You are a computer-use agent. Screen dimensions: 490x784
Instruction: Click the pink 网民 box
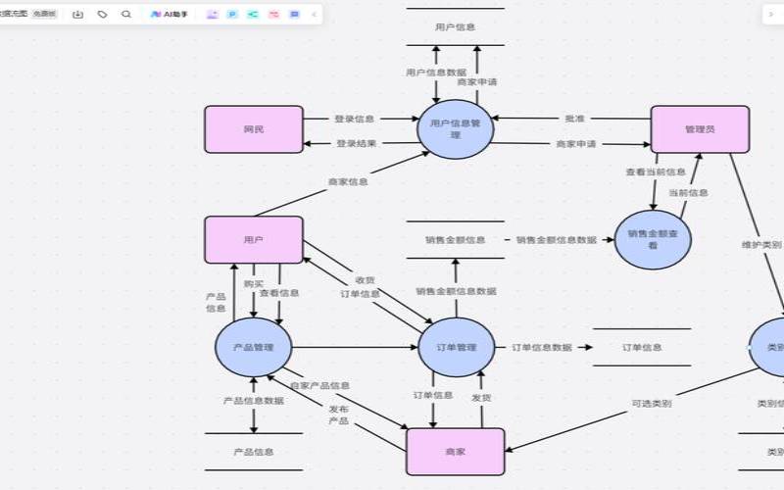coord(254,129)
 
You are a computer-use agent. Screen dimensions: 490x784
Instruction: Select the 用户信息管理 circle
coord(455,129)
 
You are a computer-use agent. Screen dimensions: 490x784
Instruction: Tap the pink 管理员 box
coord(700,129)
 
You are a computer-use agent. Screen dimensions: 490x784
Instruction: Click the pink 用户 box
coord(254,240)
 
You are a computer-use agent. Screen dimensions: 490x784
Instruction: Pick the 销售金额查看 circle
coord(653,240)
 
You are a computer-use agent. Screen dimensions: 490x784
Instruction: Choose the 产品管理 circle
coord(254,348)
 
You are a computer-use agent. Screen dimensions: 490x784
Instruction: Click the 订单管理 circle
coord(455,348)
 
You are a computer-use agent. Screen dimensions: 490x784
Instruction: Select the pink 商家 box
coord(455,452)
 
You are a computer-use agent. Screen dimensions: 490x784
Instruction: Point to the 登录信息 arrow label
coord(354,119)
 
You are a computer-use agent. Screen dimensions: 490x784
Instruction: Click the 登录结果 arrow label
coord(356,143)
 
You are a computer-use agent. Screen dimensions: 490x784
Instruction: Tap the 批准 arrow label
coord(574,119)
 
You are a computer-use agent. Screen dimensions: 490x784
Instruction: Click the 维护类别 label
coord(761,244)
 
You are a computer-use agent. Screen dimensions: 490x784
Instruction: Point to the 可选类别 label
coord(651,404)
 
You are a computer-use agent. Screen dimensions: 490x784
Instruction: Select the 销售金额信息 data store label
coord(455,240)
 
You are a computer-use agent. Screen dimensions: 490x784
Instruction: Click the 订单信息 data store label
coord(642,348)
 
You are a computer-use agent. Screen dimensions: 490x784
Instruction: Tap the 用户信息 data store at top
coord(455,27)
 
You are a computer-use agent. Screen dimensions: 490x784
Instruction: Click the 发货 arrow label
coord(481,398)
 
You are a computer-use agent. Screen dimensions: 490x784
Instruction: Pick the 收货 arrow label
coord(365,279)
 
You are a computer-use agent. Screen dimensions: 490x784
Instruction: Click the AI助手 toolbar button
coord(170,15)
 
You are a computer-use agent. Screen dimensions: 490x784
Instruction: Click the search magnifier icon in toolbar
coord(126,15)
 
